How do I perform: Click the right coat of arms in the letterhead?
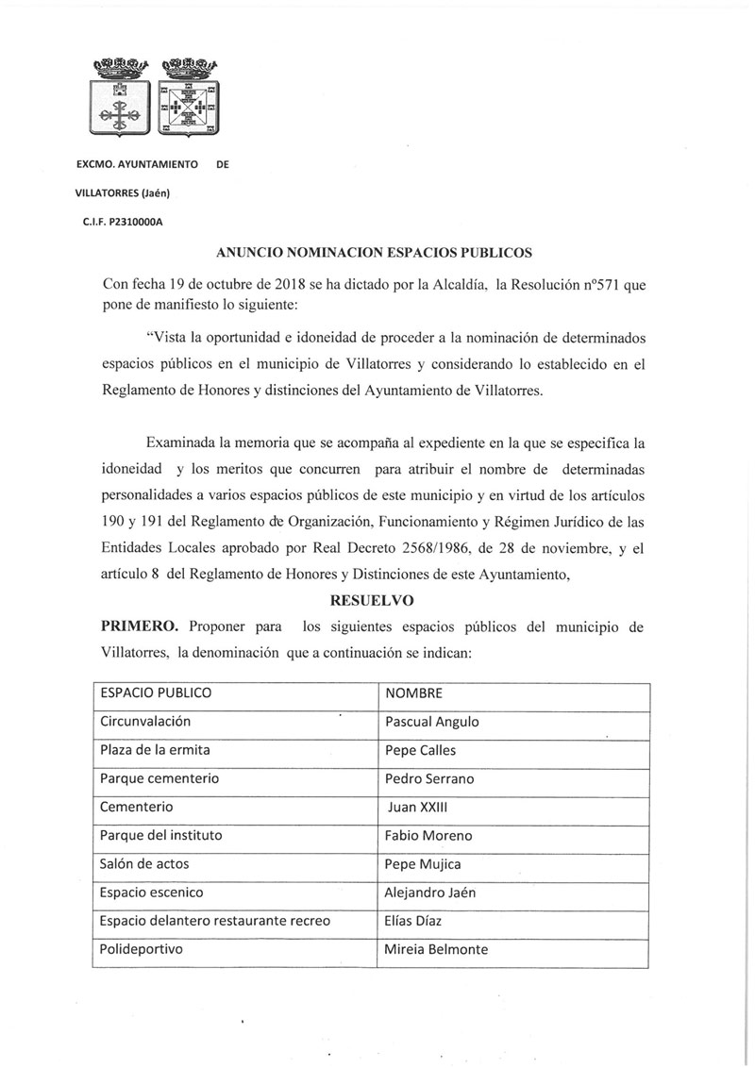tap(189, 100)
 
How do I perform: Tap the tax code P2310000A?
tap(138, 223)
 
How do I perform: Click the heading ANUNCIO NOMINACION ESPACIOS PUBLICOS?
tap(375, 252)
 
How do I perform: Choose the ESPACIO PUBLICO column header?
tap(156, 693)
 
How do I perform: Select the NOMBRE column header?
tap(413, 693)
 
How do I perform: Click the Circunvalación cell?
tap(145, 722)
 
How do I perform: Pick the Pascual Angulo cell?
tap(432, 722)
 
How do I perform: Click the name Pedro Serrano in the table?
tap(430, 779)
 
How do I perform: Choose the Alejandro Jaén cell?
tap(434, 893)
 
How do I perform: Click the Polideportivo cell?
tap(143, 949)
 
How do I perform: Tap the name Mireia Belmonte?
tap(437, 949)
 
